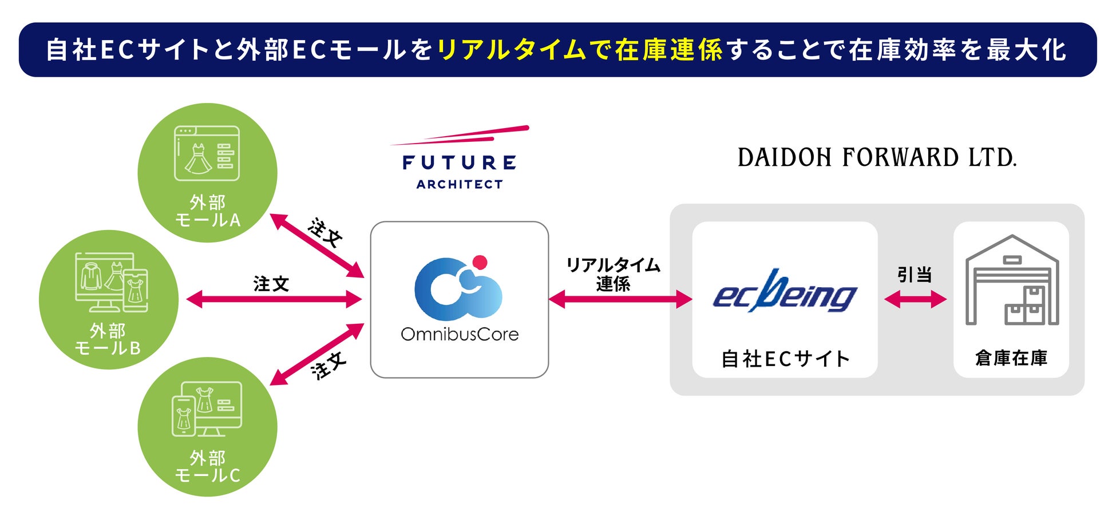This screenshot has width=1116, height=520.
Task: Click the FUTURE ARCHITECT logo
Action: point(460,158)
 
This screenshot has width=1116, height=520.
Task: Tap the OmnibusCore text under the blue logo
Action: point(460,334)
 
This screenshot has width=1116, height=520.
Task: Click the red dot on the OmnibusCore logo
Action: point(480,262)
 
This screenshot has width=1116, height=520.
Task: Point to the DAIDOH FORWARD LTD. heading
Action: point(877,157)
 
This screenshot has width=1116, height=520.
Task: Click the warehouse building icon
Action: point(1012,280)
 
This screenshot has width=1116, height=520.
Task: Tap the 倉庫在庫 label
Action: point(1011,358)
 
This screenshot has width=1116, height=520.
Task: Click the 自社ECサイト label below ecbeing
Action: point(785,359)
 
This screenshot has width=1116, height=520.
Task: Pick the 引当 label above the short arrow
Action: point(915,275)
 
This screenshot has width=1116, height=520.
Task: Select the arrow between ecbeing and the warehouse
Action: point(915,299)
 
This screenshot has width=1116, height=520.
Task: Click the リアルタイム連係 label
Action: point(613,274)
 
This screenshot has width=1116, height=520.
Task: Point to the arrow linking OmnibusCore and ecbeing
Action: point(620,299)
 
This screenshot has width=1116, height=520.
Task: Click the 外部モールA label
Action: point(207,211)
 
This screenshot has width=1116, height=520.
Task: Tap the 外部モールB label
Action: point(108,339)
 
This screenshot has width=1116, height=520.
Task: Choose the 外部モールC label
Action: point(207,466)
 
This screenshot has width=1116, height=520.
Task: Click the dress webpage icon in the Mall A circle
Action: point(207,153)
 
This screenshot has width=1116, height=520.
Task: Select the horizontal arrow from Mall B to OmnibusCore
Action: point(274,299)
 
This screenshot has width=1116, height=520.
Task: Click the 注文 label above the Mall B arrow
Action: point(271,284)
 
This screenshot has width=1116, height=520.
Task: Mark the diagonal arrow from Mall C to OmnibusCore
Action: point(316,354)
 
